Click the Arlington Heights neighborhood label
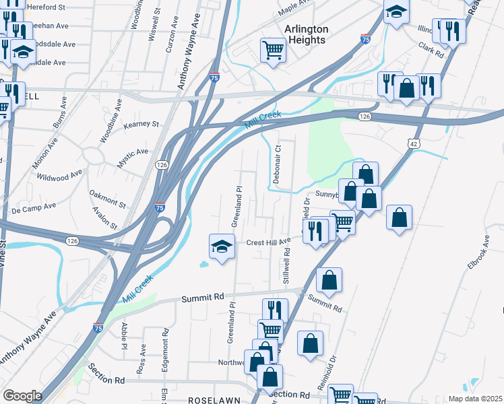[306, 34]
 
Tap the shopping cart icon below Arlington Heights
[273, 49]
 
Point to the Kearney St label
[141, 125]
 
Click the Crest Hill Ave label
[267, 242]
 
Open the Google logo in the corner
[22, 396]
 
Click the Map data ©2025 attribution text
[475, 399]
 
